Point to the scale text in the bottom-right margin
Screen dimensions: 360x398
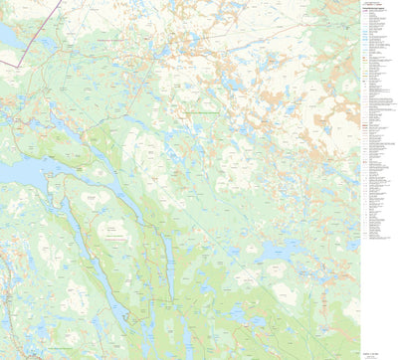click(x=377, y=343)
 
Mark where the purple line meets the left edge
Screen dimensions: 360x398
click(x=1, y=67)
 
